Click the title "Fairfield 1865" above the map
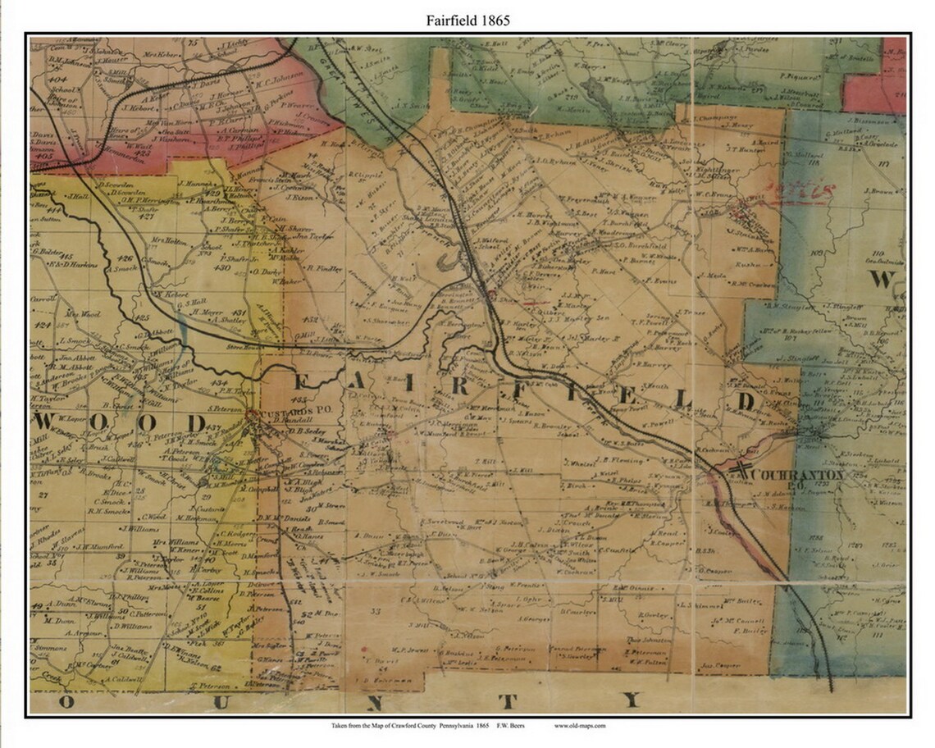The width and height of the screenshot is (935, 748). pos(467,21)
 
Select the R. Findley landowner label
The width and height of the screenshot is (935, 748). pos(323,267)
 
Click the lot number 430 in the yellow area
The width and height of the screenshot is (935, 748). pos(222,267)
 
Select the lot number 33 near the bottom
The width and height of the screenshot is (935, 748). pos(376,612)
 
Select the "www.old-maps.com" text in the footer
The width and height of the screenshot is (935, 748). pos(580,726)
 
